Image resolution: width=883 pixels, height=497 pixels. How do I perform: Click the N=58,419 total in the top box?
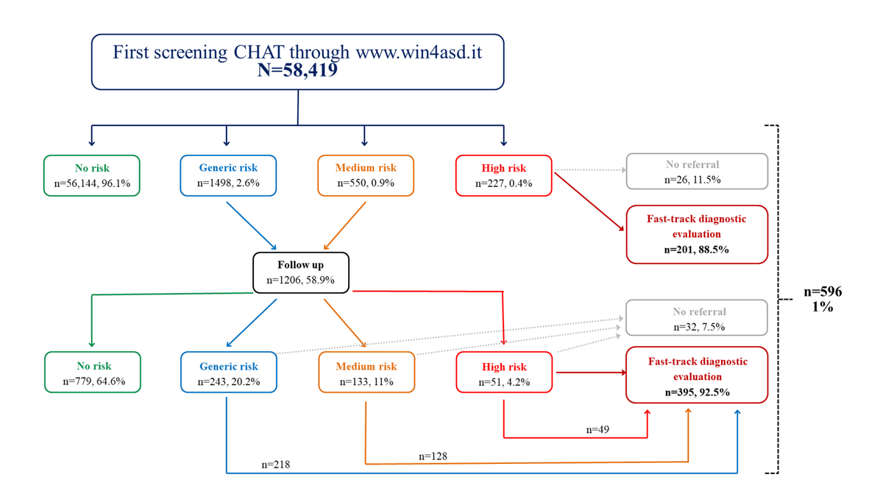point(297,71)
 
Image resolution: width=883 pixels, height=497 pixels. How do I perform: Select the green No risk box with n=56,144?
point(92,175)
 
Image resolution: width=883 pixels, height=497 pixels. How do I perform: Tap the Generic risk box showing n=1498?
point(228,175)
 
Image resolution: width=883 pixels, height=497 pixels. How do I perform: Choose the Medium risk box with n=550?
point(366,175)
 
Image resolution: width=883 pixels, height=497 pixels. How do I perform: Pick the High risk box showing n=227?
point(503,175)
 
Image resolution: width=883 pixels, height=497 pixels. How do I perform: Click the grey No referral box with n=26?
point(696,172)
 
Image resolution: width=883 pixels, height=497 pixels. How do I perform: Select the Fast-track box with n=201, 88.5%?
point(696,234)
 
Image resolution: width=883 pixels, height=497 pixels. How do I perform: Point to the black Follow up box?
point(300,272)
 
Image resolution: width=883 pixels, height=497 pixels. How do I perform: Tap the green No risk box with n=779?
point(92,373)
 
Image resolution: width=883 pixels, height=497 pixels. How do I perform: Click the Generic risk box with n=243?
point(228,373)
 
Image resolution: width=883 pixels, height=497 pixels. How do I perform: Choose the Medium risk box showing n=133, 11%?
point(366,373)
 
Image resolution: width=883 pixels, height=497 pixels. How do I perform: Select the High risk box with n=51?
point(503,373)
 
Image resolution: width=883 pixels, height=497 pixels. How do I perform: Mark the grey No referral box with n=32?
point(696,319)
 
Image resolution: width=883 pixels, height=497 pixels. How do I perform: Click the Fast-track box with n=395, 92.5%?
point(696,376)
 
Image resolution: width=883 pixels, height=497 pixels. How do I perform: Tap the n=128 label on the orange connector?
point(433,457)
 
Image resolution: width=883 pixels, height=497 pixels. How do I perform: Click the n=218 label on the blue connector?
point(275,465)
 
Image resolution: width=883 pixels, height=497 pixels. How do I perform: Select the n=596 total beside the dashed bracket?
point(822,292)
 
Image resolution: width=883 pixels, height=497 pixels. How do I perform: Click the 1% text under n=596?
point(822,308)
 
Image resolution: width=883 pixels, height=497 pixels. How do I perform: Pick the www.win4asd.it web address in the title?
point(419,53)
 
